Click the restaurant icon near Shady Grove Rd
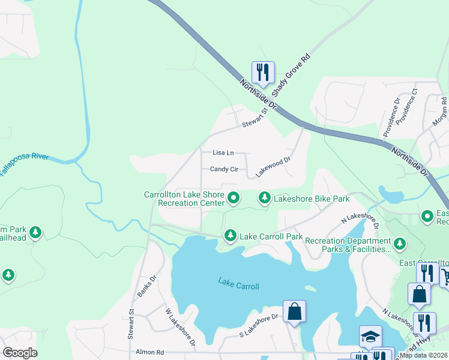tap(263, 73)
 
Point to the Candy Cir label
tap(224, 169)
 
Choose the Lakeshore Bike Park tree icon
tap(264, 197)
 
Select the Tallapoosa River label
tap(23, 165)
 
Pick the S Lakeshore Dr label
tap(259, 325)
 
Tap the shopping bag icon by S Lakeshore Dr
tap(294, 311)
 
